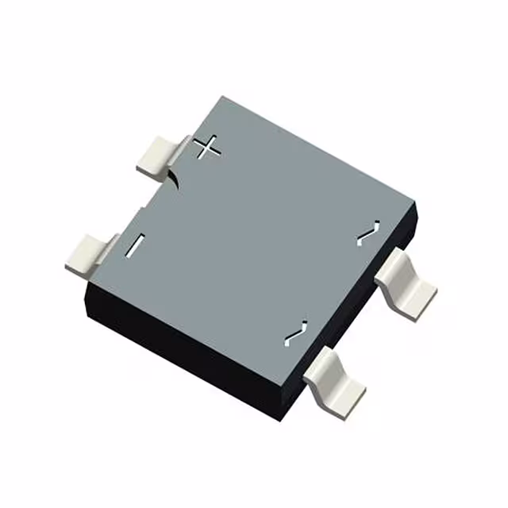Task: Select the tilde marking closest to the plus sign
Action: (366, 233)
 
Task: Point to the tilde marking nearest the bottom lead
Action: (295, 333)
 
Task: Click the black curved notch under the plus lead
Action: (175, 179)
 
